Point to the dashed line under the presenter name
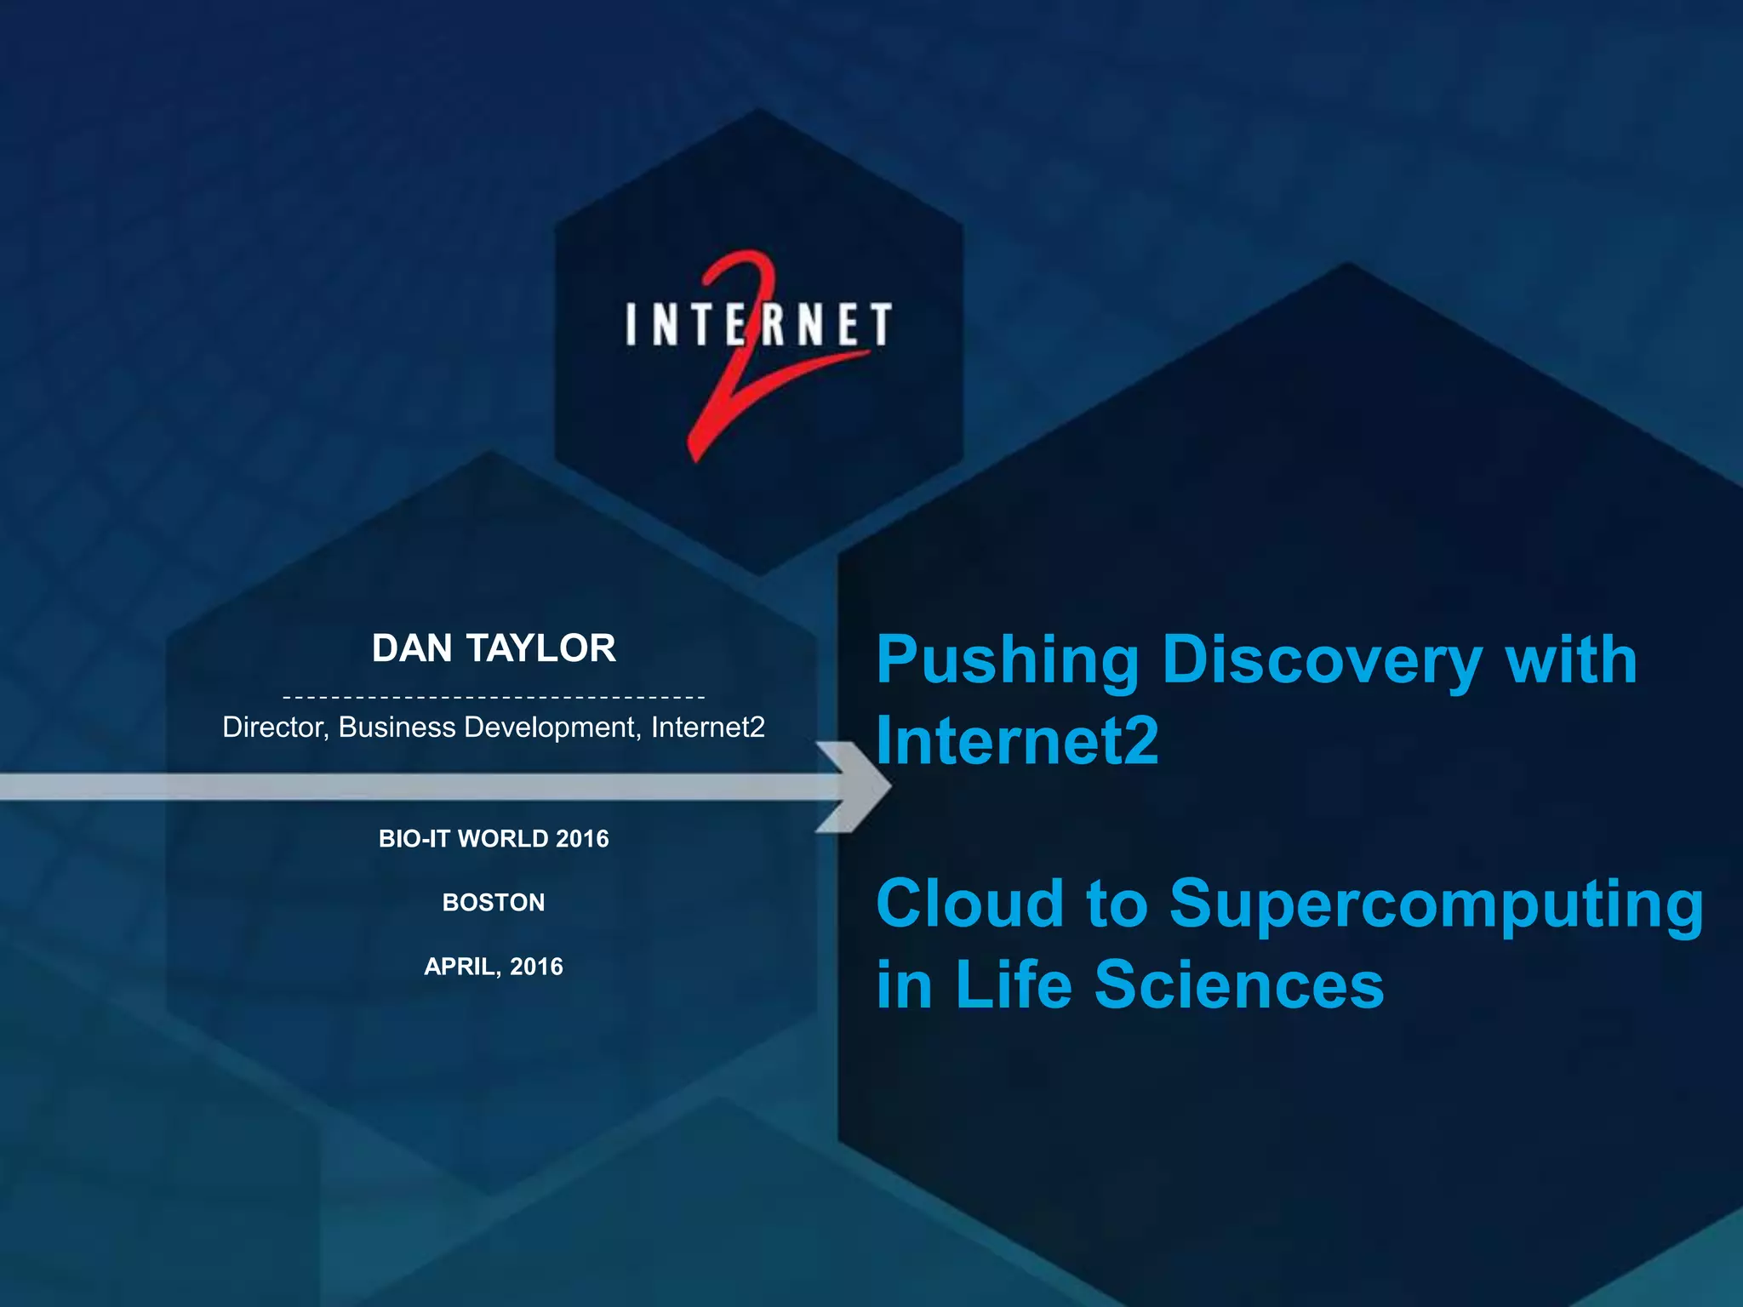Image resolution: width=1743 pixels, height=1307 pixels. click(494, 698)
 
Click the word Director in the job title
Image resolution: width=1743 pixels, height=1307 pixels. click(274, 728)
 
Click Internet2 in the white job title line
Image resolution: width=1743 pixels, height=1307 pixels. click(707, 728)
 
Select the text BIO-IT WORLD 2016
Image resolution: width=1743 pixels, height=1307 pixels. click(494, 839)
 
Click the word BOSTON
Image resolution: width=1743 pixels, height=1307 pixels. click(494, 903)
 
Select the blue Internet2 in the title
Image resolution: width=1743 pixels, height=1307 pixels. click(1018, 740)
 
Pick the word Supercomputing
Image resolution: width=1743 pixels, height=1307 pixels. click(1437, 905)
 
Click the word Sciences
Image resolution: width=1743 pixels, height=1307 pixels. click(1239, 985)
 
